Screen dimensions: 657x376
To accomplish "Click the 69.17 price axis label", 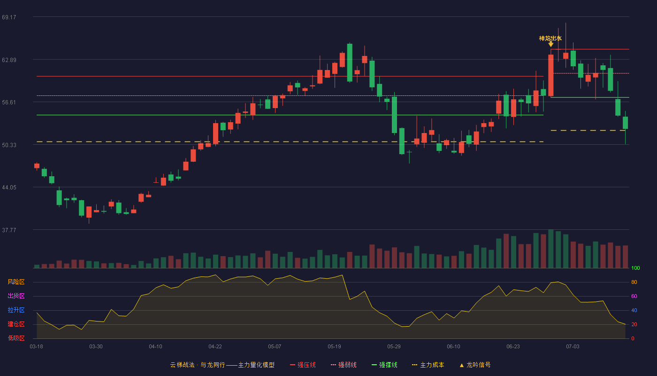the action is tap(9, 17).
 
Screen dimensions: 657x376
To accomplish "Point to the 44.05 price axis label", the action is tap(9, 188).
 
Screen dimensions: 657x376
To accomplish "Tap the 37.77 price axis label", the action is tap(9, 230).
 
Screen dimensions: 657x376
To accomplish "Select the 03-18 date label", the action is tap(37, 347).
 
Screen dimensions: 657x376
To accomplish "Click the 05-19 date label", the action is tap(334, 347).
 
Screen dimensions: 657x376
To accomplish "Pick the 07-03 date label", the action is tap(573, 347).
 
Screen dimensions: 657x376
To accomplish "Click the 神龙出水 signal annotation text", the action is tap(550, 39).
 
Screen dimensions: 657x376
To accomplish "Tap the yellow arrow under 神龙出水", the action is tap(551, 44).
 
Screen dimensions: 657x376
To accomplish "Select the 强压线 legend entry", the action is tap(303, 365).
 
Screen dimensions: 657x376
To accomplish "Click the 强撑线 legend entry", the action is tap(384, 365).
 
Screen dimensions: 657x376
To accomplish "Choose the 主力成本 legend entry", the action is tap(428, 365).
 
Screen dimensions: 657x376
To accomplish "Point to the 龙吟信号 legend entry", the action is tap(475, 365).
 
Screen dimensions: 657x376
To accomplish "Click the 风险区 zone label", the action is tap(16, 282).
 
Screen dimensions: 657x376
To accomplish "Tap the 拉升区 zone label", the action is tap(16, 310).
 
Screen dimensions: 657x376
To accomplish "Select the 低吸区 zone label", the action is tap(16, 338).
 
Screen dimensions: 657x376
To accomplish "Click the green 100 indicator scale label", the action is tap(635, 268).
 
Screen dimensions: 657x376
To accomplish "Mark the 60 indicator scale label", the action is tap(634, 296).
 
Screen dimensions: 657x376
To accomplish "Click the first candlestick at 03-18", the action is tap(37, 166).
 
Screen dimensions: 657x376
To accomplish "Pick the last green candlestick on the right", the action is tap(625, 123).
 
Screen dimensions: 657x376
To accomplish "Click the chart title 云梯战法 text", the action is tap(183, 365).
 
